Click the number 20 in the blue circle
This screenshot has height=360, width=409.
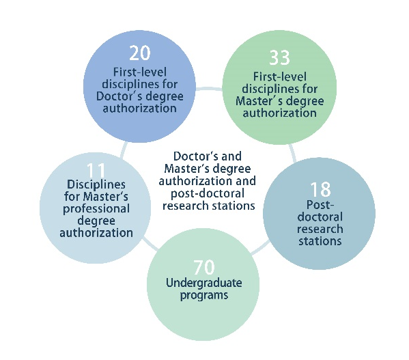[140, 53]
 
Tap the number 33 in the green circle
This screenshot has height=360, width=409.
[279, 57]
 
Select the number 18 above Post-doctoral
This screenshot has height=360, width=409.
[320, 189]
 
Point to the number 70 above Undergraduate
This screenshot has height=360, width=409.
[204, 267]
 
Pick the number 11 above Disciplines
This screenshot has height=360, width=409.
[96, 170]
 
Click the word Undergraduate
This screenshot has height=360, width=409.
[204, 283]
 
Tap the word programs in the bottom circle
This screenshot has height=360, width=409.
[204, 296]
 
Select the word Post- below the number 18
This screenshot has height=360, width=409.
[320, 205]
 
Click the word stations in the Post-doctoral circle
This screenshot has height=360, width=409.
[320, 241]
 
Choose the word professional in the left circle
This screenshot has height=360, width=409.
[96, 209]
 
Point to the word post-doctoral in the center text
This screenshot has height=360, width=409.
[208, 194]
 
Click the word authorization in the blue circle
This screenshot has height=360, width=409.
[140, 109]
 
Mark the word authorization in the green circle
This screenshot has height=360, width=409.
[280, 113]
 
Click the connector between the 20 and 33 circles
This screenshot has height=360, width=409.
[209, 89]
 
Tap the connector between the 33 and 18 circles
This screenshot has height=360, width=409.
[292, 153]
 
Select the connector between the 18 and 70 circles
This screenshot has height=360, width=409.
[259, 247]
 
